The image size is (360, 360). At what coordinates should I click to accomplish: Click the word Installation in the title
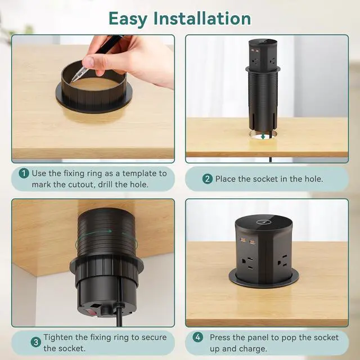click(202, 18)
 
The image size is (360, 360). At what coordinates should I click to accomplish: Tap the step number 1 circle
click(24, 173)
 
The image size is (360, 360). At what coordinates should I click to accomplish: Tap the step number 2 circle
click(208, 179)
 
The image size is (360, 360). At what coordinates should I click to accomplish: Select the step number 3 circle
click(36, 343)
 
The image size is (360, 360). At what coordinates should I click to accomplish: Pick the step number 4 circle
click(197, 337)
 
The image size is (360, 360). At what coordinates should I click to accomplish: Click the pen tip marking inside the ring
click(73, 80)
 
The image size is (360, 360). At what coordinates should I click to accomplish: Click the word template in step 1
click(138, 173)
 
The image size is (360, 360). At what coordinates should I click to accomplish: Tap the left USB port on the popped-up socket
click(243, 240)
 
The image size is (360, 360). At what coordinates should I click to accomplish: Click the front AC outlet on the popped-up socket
click(247, 263)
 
